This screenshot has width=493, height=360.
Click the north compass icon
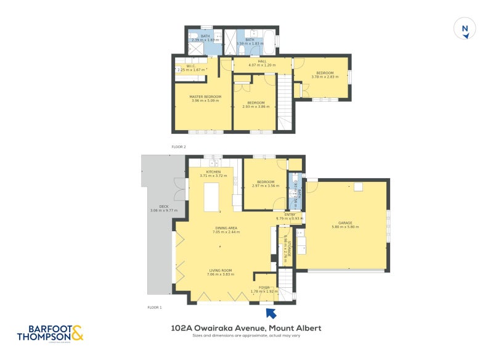pyautogui.click(x=466, y=29)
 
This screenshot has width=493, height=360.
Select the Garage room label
pyautogui.click(x=345, y=224)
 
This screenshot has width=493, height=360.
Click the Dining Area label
pyautogui.click(x=226, y=230)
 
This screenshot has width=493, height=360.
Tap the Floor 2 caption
pyautogui.click(x=179, y=147)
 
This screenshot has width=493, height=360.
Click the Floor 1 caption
pyautogui.click(x=154, y=307)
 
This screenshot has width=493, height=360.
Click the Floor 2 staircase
pyautogui.click(x=284, y=102)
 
